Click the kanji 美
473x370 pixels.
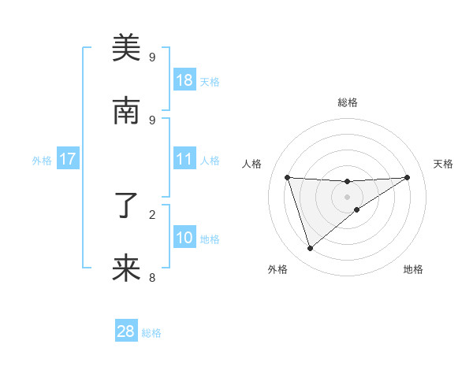[x=126, y=49]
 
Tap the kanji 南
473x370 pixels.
[x=126, y=112]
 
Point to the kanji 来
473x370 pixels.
[x=126, y=269]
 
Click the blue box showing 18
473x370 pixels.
[x=184, y=80]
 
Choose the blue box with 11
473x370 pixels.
[x=184, y=160]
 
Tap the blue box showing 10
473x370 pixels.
[x=184, y=238]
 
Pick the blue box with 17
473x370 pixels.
[x=68, y=160]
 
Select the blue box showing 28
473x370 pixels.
[x=126, y=331]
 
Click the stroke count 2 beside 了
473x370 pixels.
[x=152, y=214]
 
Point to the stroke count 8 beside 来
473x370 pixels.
[x=152, y=277]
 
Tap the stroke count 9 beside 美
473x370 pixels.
[x=152, y=57]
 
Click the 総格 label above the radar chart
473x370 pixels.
[x=348, y=102]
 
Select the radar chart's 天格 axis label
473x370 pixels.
[x=443, y=164]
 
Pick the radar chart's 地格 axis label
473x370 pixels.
[x=413, y=269]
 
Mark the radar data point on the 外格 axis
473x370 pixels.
[x=310, y=249]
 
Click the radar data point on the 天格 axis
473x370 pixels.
[x=407, y=177]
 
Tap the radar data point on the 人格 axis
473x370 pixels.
[x=288, y=177]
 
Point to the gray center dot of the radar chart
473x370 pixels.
[x=348, y=197]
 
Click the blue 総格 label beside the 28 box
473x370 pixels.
[x=152, y=333]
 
